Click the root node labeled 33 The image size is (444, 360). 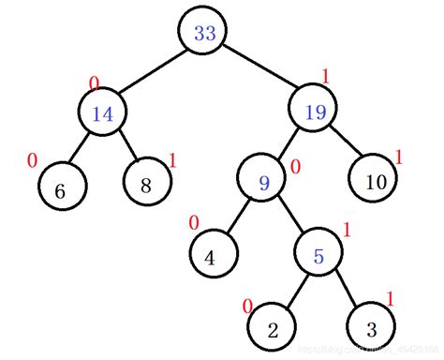tap(204, 33)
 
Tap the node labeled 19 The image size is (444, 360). tap(315, 112)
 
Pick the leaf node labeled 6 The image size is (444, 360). tap(61, 190)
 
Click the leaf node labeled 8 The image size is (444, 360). tap(147, 185)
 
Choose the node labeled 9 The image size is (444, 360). tap(263, 182)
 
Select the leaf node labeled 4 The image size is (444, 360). tap(213, 257)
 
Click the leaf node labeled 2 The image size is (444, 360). tap(273, 329)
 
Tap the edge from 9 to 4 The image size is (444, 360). tap(238, 219)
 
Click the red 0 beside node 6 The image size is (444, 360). tap(33, 160)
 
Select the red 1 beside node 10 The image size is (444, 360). tap(398, 157)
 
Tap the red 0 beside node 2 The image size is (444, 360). tap(247, 306)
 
